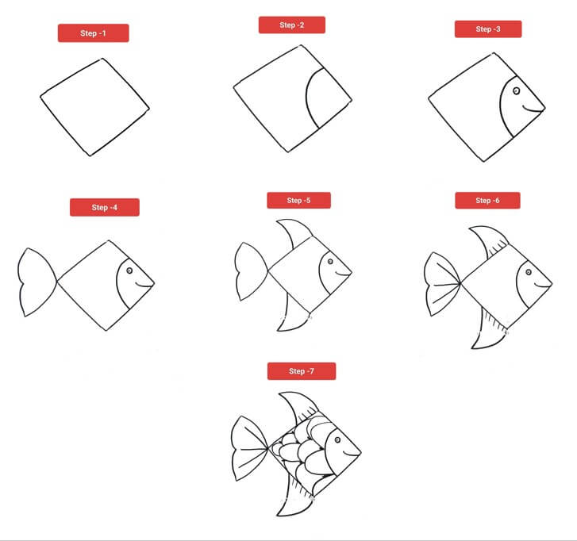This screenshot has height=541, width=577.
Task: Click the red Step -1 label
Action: click(x=93, y=33)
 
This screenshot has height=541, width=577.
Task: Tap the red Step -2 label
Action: click(x=292, y=25)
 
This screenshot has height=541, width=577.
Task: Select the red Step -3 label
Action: click(x=488, y=29)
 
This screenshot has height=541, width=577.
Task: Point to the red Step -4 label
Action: click(x=105, y=207)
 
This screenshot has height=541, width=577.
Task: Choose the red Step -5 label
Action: click(x=298, y=201)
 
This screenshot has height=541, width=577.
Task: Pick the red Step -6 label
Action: click(x=487, y=201)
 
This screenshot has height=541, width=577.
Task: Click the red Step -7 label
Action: click(x=302, y=371)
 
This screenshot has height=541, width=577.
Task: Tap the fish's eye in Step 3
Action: click(x=516, y=90)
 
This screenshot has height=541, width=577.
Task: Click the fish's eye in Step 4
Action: click(x=129, y=270)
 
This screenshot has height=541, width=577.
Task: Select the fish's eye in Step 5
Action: click(x=330, y=262)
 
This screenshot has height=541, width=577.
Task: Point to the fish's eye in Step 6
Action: click(x=529, y=272)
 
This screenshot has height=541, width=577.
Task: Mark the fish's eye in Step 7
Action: click(x=337, y=440)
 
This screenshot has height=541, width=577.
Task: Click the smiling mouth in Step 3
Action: click(x=533, y=109)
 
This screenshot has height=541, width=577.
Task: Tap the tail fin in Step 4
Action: click(x=37, y=282)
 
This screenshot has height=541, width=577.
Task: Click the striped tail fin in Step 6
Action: click(x=442, y=284)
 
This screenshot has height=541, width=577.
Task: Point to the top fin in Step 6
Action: click(x=490, y=240)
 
